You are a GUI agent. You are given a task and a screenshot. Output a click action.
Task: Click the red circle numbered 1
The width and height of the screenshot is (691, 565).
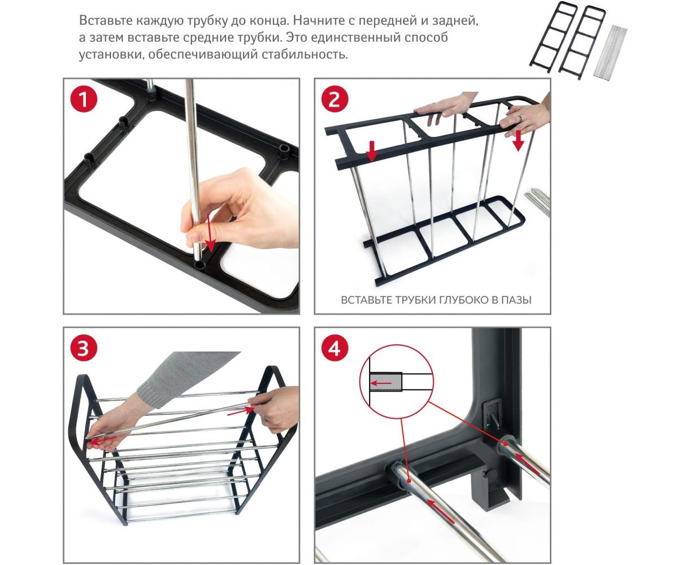pos(84,99)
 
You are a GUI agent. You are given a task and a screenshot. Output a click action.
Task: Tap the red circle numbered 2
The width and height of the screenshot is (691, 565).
pos(334,99)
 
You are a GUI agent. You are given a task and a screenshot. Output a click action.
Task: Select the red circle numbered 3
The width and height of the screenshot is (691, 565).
pos(84,347)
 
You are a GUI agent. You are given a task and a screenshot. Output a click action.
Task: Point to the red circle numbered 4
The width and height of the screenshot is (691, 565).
pos(334,347)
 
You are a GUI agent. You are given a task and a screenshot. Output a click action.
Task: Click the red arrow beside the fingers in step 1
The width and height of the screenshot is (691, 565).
pos(208,234)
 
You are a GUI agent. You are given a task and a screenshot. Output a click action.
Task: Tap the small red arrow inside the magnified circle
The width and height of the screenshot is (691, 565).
pos(381,383)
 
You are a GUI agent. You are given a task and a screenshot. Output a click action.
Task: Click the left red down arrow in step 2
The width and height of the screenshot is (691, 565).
pos(371,151)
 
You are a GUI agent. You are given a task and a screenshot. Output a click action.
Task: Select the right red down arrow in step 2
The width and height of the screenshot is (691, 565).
pos(518,141)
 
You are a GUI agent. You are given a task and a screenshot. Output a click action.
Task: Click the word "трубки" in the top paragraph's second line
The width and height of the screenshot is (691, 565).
pos(260,38)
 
